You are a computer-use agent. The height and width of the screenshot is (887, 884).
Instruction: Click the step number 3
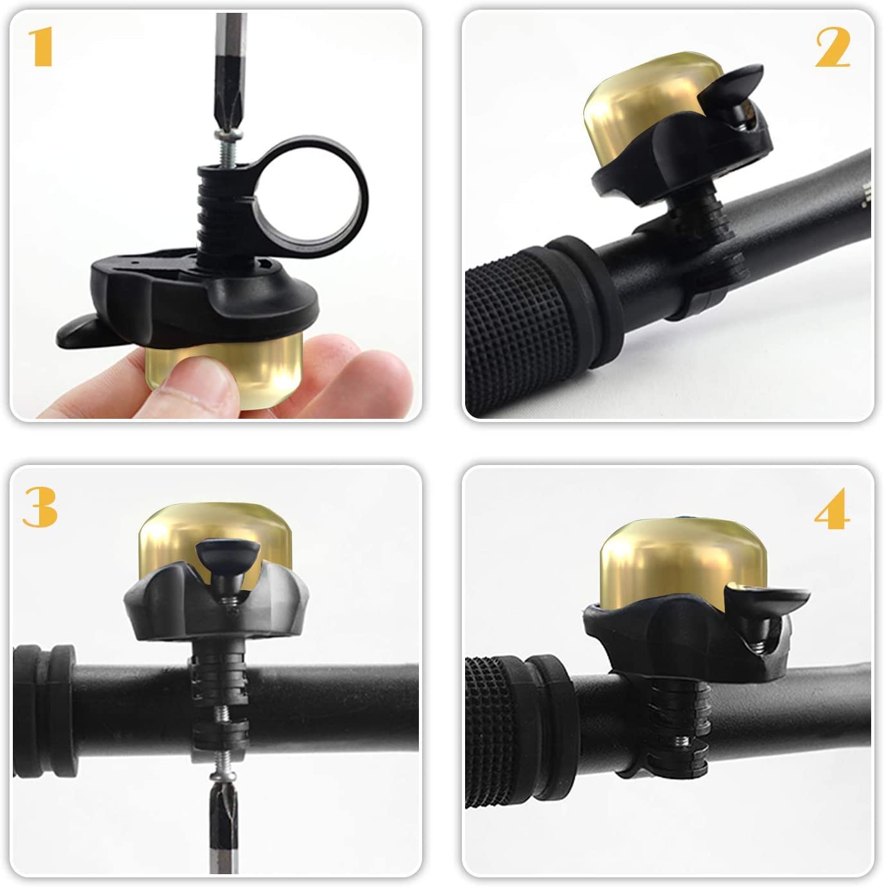40,507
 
